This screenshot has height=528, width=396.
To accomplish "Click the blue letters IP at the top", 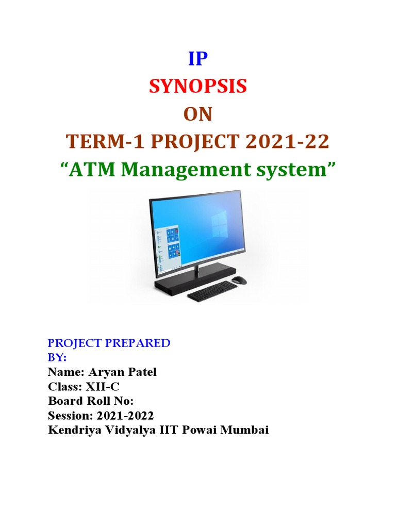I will tap(198, 60).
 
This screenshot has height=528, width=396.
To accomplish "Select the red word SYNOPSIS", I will tap(198, 87).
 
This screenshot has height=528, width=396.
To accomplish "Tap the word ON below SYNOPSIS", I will tap(198, 114).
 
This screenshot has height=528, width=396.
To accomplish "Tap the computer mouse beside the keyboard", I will tap(239, 280).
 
